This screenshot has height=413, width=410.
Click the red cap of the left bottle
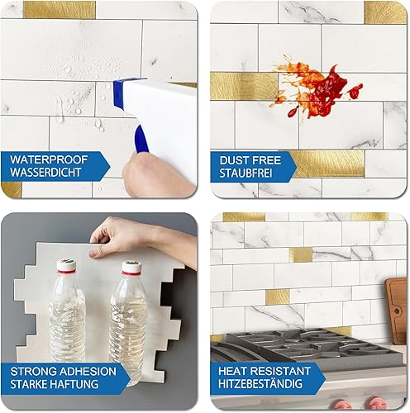[x=65, y=266]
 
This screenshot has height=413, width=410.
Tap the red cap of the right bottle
[x=130, y=267]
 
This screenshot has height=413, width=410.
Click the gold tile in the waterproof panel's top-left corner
[x=58, y=10]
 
